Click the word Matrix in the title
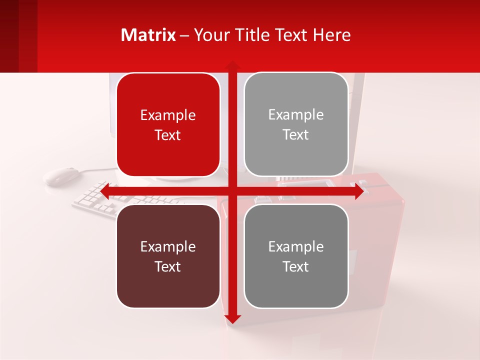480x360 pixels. point(148,35)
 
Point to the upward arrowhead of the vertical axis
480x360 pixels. point(232,65)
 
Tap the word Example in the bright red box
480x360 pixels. point(168,115)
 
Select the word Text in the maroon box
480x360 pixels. point(168,266)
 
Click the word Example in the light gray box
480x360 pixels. point(296,115)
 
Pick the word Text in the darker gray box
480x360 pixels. point(296,266)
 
